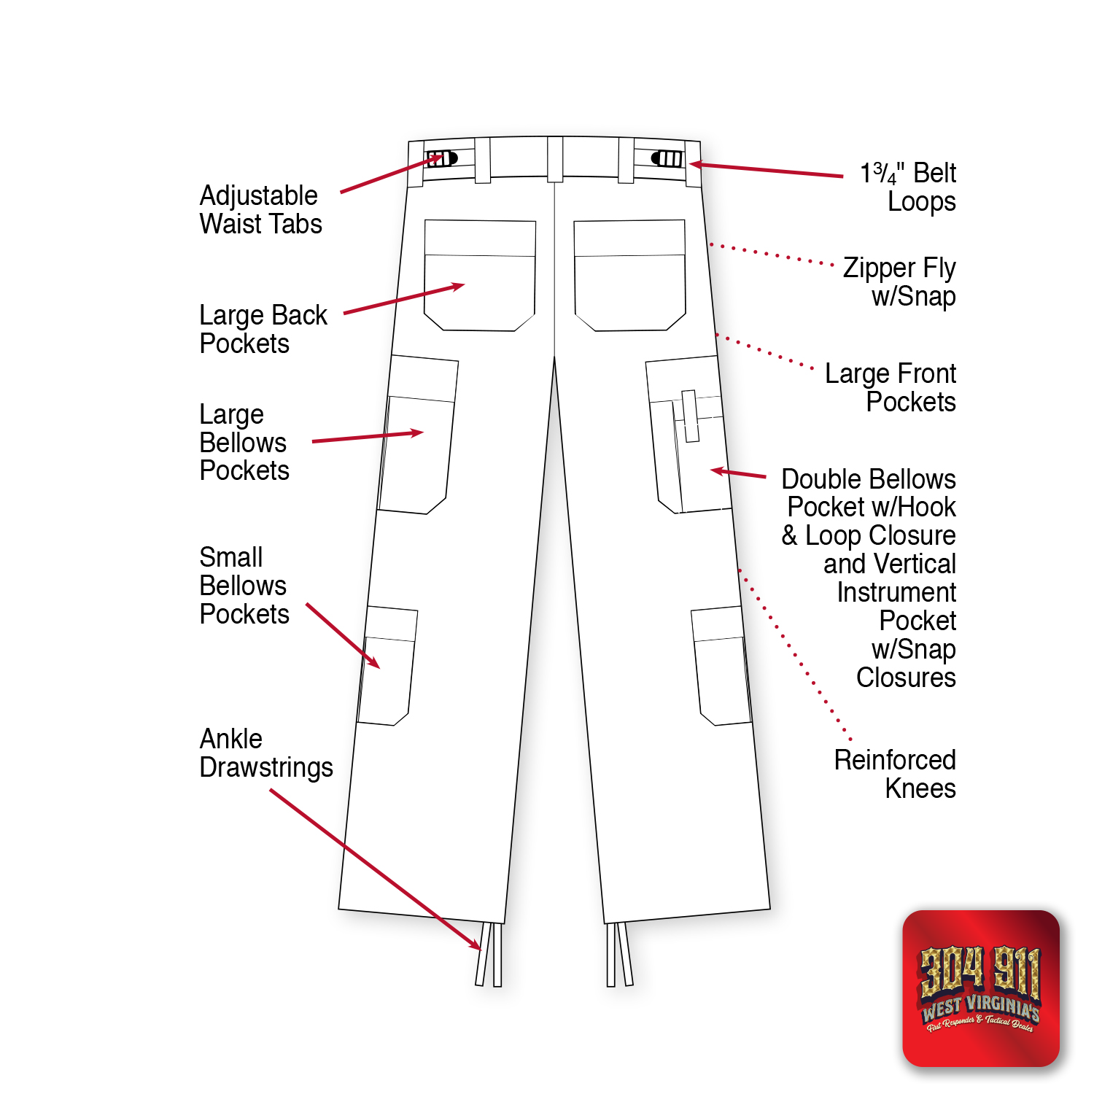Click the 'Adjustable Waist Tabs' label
[260, 209]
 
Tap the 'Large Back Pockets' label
[263, 329]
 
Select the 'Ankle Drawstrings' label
[265, 753]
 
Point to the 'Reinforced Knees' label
[895, 774]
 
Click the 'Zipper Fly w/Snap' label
[899, 282]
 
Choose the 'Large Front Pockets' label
[891, 387]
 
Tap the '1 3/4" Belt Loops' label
[908, 187]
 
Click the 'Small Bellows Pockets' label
[244, 586]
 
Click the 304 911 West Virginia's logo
[980, 988]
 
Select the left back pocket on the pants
[480, 276]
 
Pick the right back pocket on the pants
[629, 276]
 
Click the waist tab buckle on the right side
[667, 158]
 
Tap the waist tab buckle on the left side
[442, 158]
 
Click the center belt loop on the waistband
[555, 158]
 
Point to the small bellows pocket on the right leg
[721, 666]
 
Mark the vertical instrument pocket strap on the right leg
[690, 416]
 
